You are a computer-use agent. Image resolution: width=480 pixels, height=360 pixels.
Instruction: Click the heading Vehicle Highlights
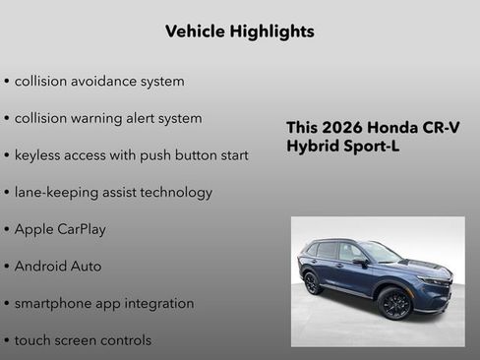tap(240, 31)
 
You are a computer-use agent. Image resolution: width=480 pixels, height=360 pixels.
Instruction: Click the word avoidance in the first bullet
tap(107, 81)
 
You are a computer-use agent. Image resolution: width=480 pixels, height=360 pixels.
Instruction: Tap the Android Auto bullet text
tap(58, 266)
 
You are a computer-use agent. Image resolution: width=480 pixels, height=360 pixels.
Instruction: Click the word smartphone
tap(55, 303)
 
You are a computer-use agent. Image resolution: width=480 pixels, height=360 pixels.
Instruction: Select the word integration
tap(159, 303)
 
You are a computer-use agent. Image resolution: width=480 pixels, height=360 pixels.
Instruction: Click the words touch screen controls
tap(83, 340)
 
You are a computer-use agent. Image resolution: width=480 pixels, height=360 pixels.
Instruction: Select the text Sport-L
tap(375, 147)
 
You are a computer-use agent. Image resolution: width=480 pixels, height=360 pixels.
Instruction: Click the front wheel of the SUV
tap(395, 304)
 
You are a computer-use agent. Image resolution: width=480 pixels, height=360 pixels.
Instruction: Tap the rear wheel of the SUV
tap(313, 283)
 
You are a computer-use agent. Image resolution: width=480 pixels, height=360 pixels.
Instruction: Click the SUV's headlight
tap(433, 281)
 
